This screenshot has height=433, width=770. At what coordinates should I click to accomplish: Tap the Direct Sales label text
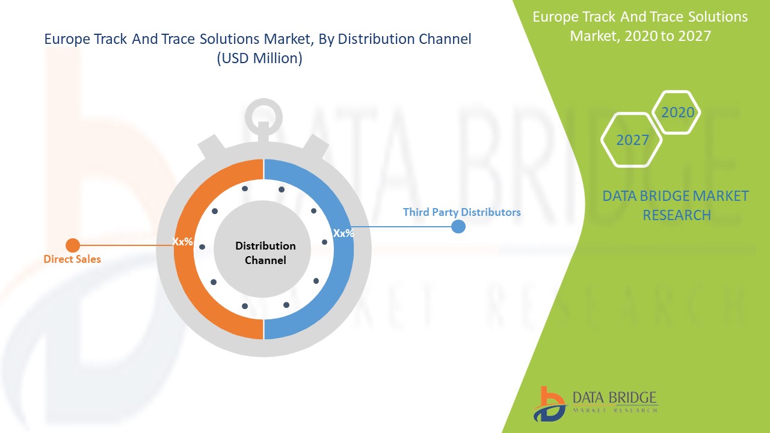[x=72, y=259]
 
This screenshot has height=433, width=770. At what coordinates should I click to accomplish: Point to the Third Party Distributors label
[x=461, y=212]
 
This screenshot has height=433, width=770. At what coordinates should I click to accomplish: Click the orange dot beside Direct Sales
[x=73, y=245]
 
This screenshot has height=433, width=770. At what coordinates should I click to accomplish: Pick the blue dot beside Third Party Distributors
[x=458, y=227]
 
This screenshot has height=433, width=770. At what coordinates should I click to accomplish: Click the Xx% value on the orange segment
[x=183, y=242]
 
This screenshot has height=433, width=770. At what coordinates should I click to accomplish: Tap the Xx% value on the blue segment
[x=343, y=233]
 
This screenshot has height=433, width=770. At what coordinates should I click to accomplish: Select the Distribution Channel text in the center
[x=265, y=253]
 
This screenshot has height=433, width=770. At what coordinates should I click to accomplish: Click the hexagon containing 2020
[x=677, y=112]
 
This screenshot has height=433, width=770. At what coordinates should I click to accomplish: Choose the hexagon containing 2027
[x=632, y=140]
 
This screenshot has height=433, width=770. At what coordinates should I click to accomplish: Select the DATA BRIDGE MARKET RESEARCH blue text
[x=676, y=205]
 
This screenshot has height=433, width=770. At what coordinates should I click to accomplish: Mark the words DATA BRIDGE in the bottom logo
[x=614, y=398]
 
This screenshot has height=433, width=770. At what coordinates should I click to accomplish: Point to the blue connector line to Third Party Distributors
[x=403, y=227]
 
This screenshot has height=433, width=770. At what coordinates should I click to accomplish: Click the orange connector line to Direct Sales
[x=126, y=245]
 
